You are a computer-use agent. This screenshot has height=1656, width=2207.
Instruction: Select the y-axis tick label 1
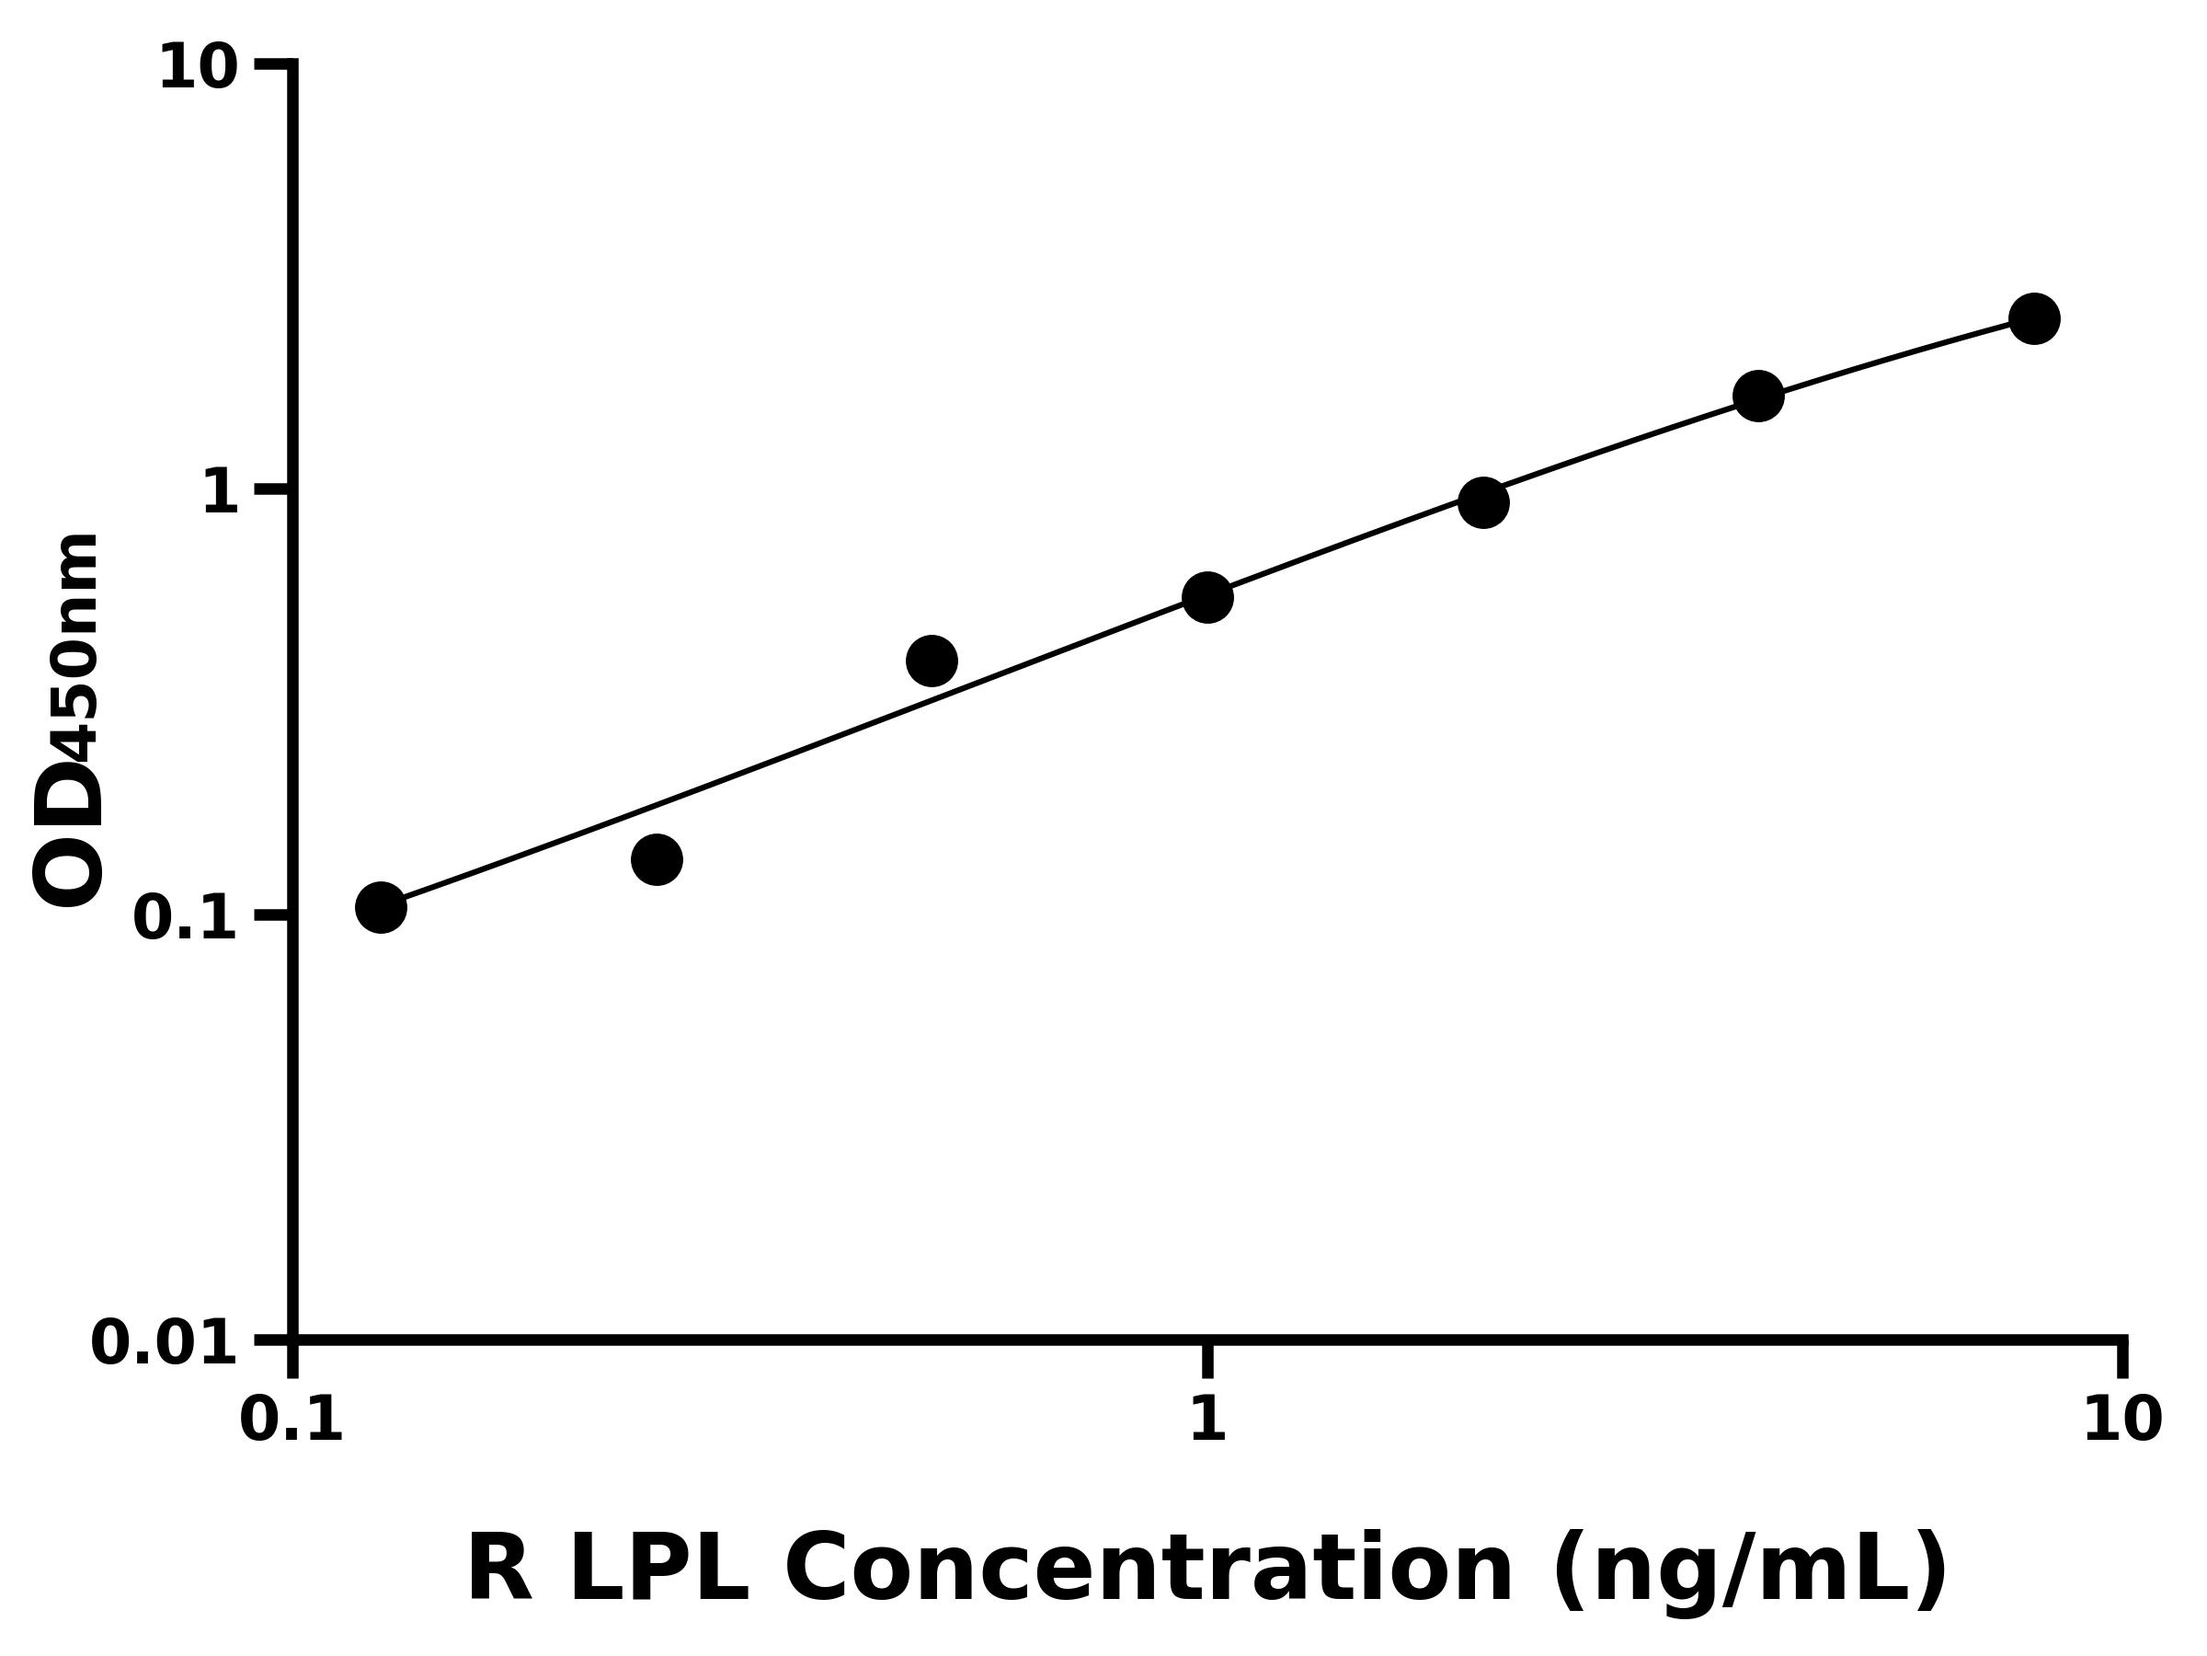[221, 493]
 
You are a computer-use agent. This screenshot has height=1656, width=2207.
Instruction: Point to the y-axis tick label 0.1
[186, 918]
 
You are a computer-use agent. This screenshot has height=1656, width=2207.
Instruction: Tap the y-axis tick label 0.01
[165, 1343]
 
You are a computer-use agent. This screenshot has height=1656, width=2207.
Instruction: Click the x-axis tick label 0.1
[292, 1420]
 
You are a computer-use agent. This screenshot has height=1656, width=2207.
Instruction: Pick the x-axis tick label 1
[1207, 1420]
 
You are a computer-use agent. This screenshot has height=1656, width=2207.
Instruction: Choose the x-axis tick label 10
[2123, 1420]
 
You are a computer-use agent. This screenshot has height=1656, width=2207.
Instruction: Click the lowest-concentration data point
[381, 907]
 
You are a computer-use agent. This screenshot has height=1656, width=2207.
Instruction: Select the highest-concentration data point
[2034, 319]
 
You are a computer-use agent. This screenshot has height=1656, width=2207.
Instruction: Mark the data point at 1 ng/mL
[1208, 598]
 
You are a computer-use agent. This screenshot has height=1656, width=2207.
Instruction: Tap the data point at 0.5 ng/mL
[932, 661]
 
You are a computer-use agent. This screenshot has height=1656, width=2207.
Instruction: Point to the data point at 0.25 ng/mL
[657, 859]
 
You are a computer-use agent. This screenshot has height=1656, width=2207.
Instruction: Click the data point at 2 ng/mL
[1483, 502]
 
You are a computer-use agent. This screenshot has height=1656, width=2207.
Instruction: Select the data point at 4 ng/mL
[1759, 397]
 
